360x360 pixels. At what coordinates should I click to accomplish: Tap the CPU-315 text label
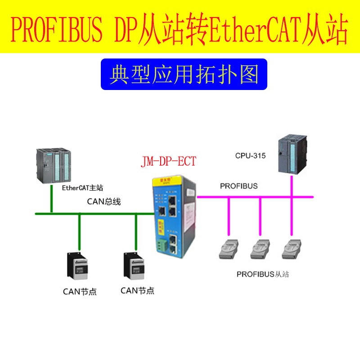point(250,156)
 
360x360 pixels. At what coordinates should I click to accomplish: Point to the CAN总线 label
point(104,202)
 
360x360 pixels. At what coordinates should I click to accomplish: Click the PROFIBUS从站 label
point(263,274)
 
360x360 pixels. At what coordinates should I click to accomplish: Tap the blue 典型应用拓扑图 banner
point(184,74)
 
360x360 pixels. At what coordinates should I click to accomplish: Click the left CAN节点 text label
point(80,291)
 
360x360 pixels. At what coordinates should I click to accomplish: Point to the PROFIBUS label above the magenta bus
point(238,186)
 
